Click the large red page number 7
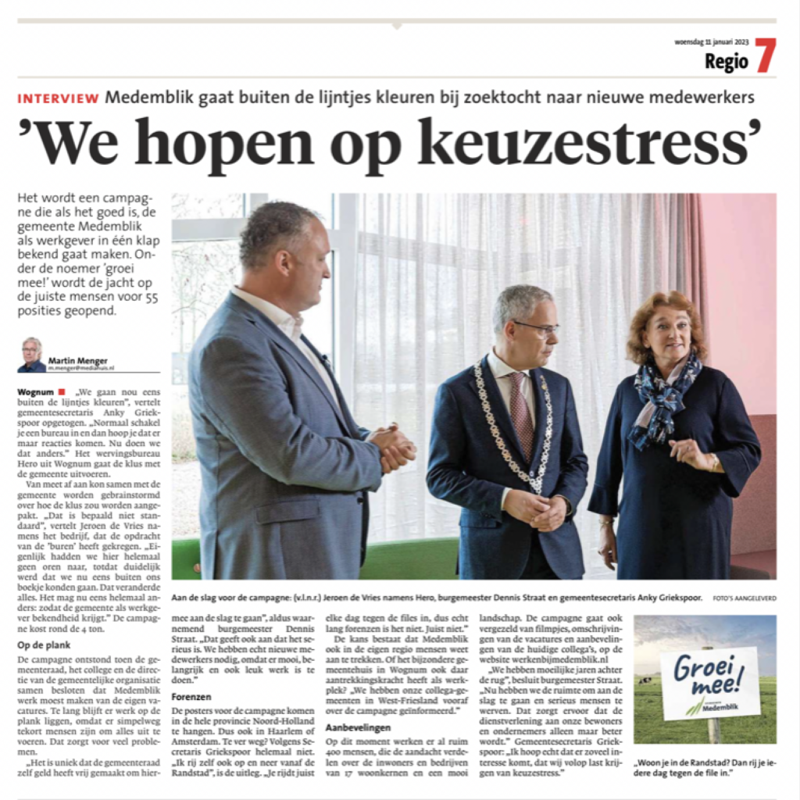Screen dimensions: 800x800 765,55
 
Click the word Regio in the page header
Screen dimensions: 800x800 726,62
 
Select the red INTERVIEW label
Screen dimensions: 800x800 59,98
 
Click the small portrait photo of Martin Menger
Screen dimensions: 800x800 32,355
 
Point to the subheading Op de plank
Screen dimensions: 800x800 43,645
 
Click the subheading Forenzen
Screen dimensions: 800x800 191,696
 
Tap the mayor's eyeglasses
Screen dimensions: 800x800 536,327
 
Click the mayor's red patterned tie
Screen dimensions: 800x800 520,407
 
